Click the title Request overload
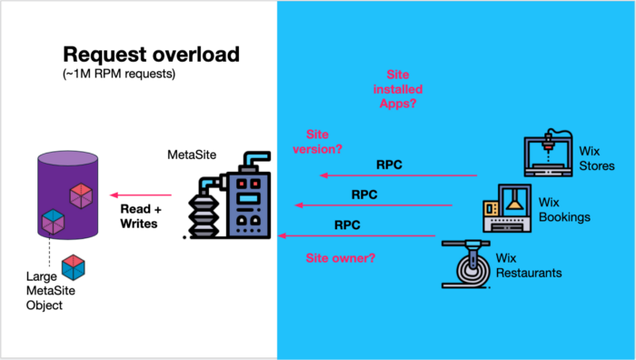150,54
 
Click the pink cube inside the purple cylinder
81,194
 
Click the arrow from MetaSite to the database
142,195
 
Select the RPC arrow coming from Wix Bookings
373,205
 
